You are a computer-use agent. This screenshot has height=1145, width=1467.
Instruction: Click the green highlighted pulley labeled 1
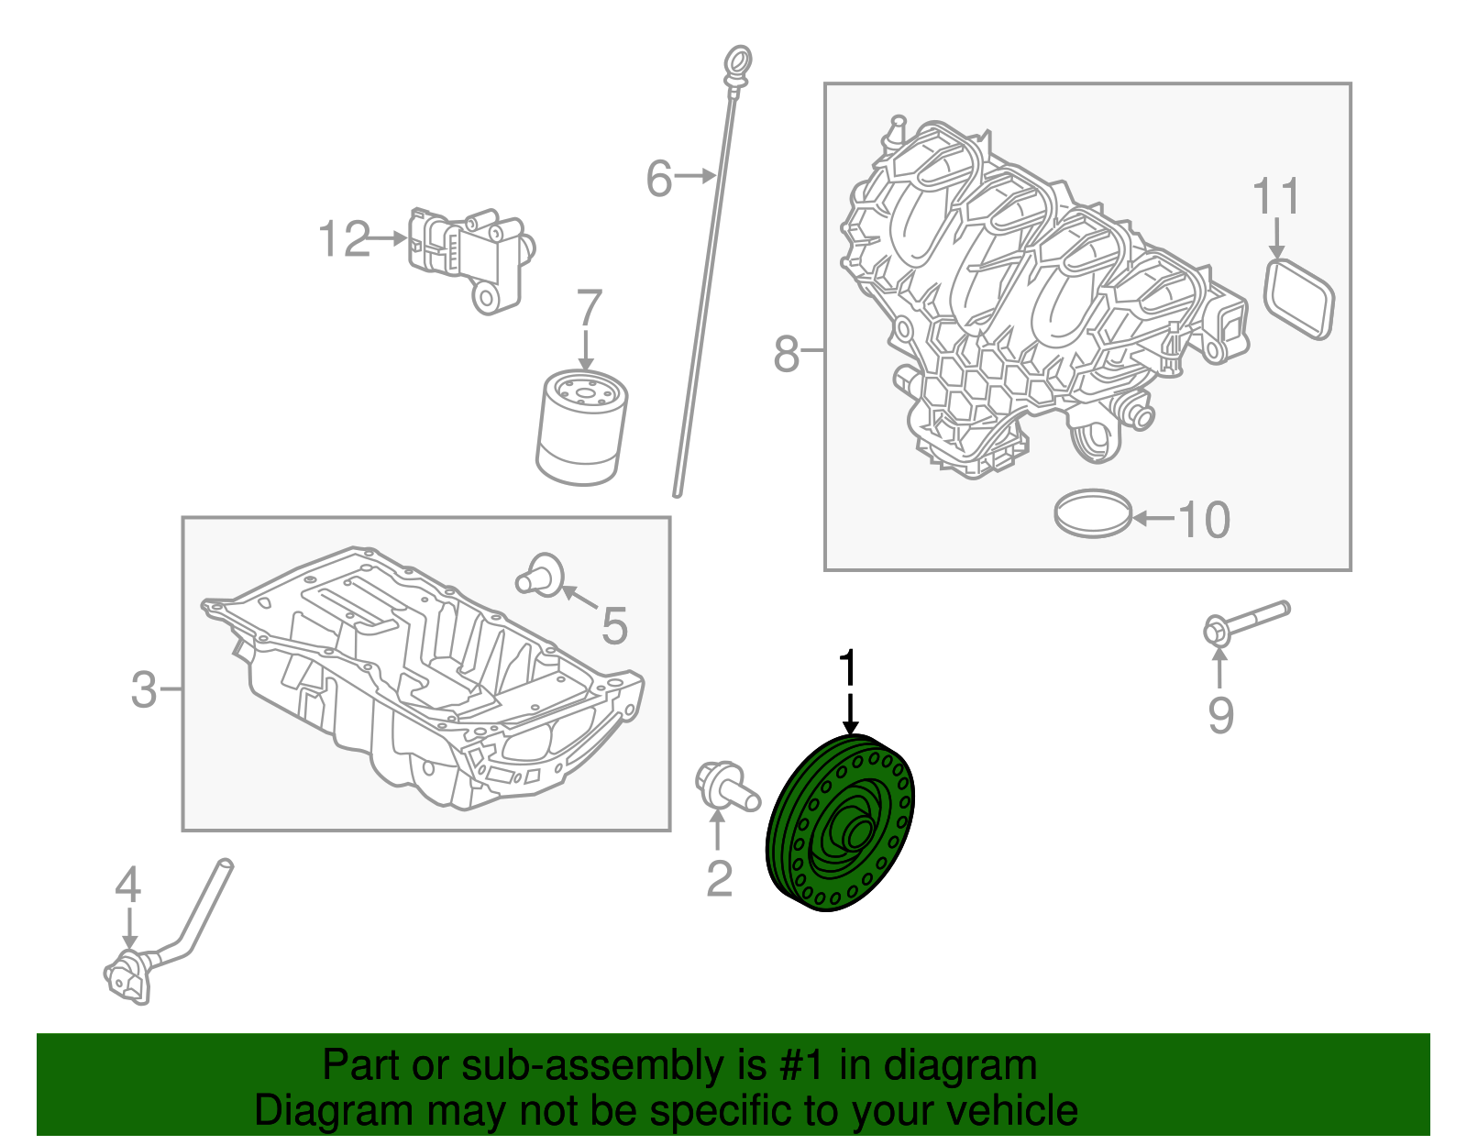coord(841,823)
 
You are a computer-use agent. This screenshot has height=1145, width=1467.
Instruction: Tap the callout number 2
coord(719,878)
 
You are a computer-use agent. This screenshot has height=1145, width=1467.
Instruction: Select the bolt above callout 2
coord(726,788)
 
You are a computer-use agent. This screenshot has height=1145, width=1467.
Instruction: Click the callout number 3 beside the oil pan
coord(144,690)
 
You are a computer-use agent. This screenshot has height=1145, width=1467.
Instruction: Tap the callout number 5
coord(614,625)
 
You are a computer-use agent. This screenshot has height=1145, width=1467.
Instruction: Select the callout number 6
coord(659,178)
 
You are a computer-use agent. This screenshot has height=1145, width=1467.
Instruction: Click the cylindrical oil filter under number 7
coord(581,427)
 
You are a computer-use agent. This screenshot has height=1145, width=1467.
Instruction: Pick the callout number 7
coord(589,308)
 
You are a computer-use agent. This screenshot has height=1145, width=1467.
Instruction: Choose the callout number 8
coord(786,354)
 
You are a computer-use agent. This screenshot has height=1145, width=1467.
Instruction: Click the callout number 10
coord(1204,520)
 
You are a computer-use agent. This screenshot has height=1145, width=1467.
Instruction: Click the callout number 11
coord(1276,196)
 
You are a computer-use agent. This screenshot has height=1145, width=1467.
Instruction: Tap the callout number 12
coord(345,239)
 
